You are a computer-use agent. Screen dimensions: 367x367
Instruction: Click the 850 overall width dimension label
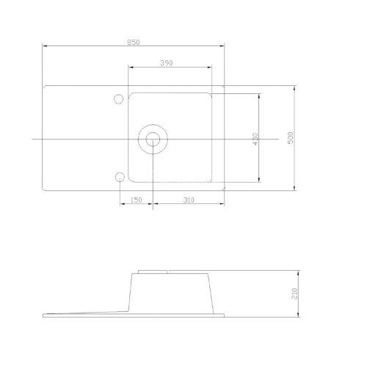click(134, 43)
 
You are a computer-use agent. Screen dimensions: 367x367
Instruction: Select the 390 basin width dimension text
click(167, 63)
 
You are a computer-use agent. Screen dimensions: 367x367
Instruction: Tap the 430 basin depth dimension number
click(255, 139)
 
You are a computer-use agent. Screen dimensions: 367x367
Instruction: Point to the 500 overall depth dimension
click(290, 138)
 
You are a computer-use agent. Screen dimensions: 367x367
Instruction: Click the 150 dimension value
click(136, 200)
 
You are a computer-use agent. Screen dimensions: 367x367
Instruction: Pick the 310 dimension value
click(189, 200)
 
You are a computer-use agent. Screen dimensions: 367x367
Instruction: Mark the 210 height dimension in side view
click(294, 294)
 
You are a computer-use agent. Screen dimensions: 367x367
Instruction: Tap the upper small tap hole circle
click(119, 99)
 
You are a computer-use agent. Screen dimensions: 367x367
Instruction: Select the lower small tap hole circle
click(120, 177)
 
